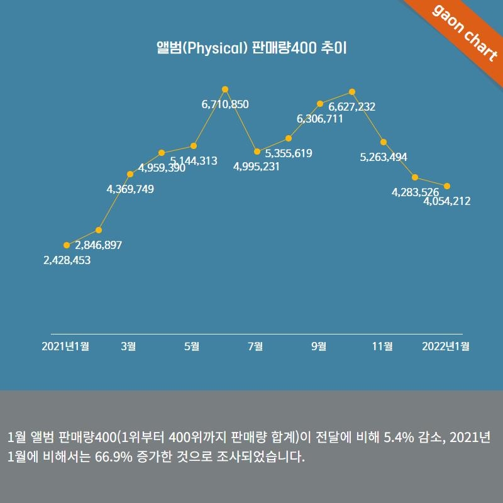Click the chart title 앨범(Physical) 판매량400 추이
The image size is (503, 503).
click(x=251, y=48)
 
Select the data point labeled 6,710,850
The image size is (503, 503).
click(x=225, y=89)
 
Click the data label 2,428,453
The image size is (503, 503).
click(x=67, y=260)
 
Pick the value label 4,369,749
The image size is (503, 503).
click(x=130, y=189)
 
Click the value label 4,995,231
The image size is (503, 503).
click(x=257, y=167)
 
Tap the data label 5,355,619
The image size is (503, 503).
click(x=289, y=153)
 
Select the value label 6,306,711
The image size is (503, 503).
click(x=320, y=118)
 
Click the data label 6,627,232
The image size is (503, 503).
click(x=352, y=107)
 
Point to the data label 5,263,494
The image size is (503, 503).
click(x=384, y=157)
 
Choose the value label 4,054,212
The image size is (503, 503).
click(x=447, y=201)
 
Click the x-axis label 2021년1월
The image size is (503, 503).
click(x=65, y=346)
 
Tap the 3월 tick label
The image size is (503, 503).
click(x=128, y=346)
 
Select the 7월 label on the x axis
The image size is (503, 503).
click(x=255, y=346)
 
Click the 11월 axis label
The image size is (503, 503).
click(x=382, y=346)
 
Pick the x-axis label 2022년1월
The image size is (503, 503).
click(x=446, y=346)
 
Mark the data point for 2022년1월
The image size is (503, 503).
click(x=447, y=185)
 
